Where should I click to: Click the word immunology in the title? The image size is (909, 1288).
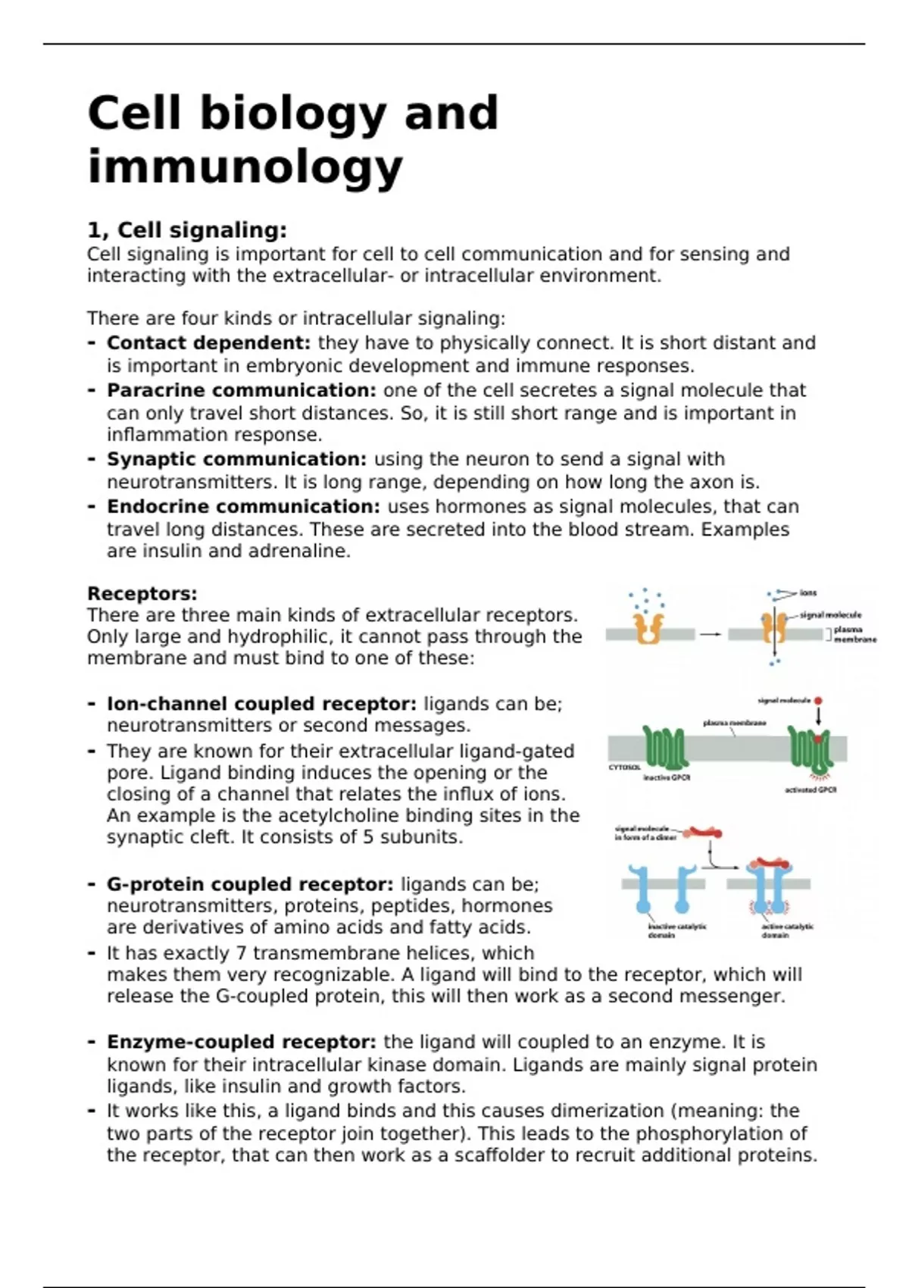pyautogui.click(x=245, y=168)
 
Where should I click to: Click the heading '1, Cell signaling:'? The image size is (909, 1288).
pyautogui.click(x=187, y=230)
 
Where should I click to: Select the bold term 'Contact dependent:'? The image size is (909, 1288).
pyautogui.click(x=208, y=343)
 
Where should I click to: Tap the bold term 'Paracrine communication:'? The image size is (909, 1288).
pyautogui.click(x=241, y=390)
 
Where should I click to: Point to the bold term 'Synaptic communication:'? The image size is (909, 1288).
pyautogui.click(x=236, y=459)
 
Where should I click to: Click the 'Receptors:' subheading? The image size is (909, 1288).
pyautogui.click(x=142, y=593)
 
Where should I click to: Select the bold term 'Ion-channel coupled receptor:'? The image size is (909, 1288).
pyautogui.click(x=261, y=704)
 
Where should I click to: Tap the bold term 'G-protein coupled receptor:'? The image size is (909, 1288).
pyautogui.click(x=250, y=884)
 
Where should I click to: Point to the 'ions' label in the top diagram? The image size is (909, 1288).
pyautogui.click(x=808, y=593)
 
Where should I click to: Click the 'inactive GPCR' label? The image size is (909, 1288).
pyautogui.click(x=667, y=777)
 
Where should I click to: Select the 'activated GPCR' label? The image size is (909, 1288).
pyautogui.click(x=811, y=789)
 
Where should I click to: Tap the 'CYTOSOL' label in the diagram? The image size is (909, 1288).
pyautogui.click(x=625, y=767)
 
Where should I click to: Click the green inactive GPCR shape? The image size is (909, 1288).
pyautogui.click(x=665, y=747)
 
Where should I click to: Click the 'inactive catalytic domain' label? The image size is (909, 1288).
pyautogui.click(x=676, y=930)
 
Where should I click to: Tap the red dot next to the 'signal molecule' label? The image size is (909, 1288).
pyautogui.click(x=818, y=702)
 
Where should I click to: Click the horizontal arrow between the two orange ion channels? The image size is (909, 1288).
pyautogui.click(x=710, y=634)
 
